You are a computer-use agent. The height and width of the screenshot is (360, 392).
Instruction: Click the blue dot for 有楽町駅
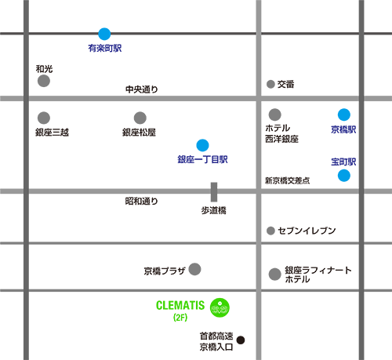click(104, 34)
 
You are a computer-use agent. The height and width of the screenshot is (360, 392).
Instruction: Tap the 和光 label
click(44, 69)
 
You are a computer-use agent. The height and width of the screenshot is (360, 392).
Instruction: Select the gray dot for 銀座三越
click(44, 118)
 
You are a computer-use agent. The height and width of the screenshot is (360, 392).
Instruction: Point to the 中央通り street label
click(142, 89)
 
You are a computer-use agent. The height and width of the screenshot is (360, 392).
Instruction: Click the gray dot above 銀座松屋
click(140, 118)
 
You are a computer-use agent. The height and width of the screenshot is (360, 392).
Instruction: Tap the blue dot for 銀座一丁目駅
click(202, 145)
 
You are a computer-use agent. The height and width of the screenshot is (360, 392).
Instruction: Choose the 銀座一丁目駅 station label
click(202, 159)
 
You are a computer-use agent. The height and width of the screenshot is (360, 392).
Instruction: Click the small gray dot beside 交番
click(270, 84)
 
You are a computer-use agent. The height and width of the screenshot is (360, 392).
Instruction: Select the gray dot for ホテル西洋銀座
click(274, 115)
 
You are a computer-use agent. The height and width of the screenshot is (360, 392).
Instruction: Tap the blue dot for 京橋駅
click(344, 115)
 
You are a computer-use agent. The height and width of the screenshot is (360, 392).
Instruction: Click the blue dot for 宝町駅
click(344, 176)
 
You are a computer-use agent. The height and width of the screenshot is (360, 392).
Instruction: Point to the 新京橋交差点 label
click(287, 180)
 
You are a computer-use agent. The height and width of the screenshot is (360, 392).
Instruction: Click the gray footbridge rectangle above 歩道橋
click(214, 192)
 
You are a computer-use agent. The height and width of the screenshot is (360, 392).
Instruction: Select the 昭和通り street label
click(142, 201)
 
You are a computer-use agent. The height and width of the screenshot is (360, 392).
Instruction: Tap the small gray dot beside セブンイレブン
click(270, 231)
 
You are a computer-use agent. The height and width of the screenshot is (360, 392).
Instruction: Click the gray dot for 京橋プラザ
click(194, 269)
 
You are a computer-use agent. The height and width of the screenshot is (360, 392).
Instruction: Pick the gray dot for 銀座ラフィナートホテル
click(274, 275)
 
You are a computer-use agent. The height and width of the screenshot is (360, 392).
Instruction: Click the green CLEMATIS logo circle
click(220, 307)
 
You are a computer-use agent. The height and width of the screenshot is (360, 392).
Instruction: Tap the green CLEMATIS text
click(180, 305)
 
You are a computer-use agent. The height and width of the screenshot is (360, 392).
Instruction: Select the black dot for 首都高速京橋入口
click(241, 340)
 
